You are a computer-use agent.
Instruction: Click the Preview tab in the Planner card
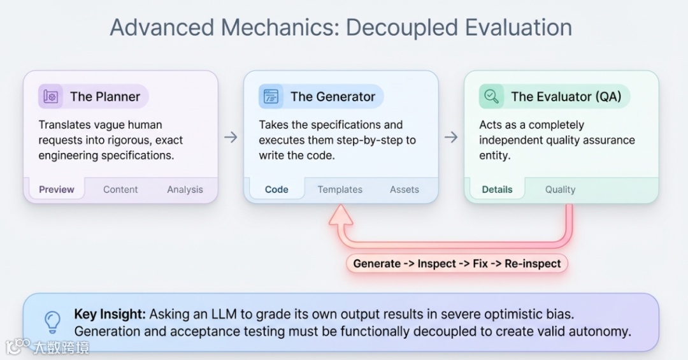pos(57,189)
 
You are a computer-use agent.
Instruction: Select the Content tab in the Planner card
pos(120,189)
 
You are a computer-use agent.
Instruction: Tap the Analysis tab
pos(185,189)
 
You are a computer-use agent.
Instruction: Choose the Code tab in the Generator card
pos(276,189)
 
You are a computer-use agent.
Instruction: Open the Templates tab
pos(340,189)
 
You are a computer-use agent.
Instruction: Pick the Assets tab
pos(405,189)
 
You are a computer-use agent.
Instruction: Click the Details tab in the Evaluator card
pos(497,189)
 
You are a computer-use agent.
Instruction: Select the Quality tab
pos(560,189)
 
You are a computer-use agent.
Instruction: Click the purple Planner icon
pos(51,97)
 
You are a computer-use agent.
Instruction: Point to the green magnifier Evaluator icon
pos(491,97)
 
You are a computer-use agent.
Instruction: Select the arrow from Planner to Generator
pos(231,137)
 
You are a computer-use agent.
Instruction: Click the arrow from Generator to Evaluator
pos(451,137)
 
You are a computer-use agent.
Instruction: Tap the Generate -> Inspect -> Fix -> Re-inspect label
pos(457,263)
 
